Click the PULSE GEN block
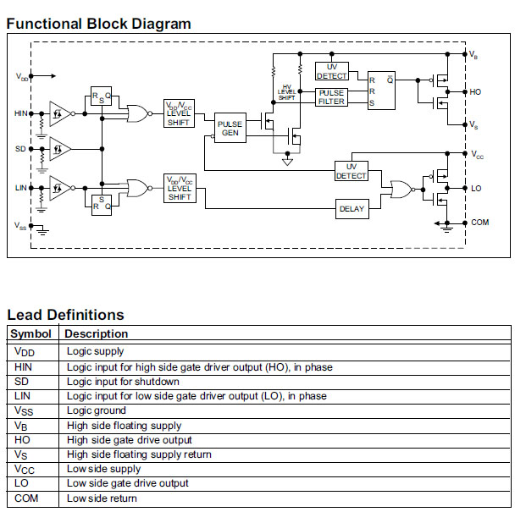pyautogui.click(x=230, y=129)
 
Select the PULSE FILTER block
pyautogui.click(x=331, y=96)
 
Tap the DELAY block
pyautogui.click(x=352, y=208)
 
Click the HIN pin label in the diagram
pyautogui.click(x=21, y=113)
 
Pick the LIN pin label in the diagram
pyautogui.click(x=21, y=188)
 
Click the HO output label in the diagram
pyautogui.click(x=476, y=91)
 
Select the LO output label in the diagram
pyautogui.click(x=475, y=188)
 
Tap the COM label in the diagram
pyautogui.click(x=479, y=223)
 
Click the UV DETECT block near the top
pyautogui.click(x=331, y=71)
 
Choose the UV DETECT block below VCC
pyautogui.click(x=352, y=170)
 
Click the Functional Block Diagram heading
pyautogui.click(x=99, y=24)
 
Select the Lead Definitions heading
pyautogui.click(x=65, y=315)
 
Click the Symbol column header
pyautogui.click(x=31, y=333)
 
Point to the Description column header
pyautogui.click(x=97, y=333)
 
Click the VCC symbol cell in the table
pyautogui.click(x=25, y=469)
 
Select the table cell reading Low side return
pyautogui.click(x=102, y=498)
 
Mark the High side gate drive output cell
pyautogui.click(x=130, y=440)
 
